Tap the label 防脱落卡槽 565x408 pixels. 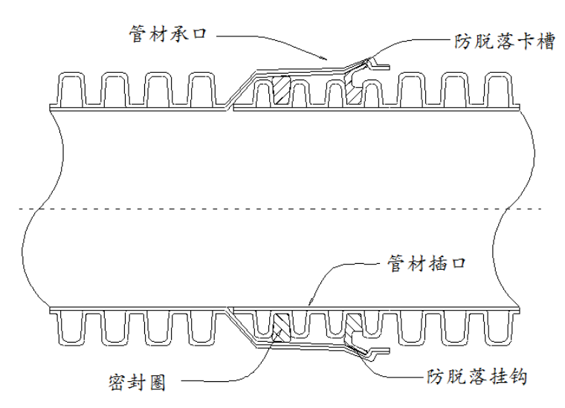[505, 41]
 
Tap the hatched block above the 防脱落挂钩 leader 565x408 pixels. [353, 324]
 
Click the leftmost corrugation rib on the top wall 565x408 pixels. [72, 89]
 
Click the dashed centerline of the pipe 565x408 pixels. [282, 208]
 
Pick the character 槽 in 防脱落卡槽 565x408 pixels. [546, 41]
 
